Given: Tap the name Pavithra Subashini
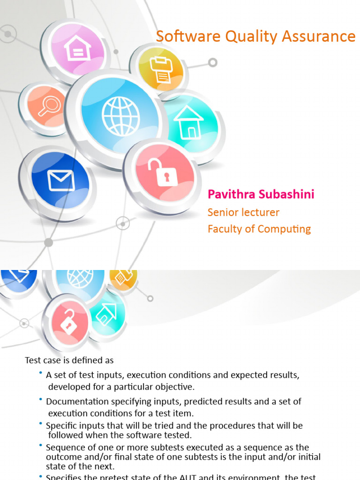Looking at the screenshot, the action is click(255, 195).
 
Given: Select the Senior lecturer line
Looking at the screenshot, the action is click(243, 212).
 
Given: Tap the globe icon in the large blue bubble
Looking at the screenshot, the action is click(121, 117).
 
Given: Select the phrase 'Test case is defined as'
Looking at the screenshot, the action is click(69, 360).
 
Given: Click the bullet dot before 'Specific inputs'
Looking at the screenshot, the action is click(41, 424).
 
